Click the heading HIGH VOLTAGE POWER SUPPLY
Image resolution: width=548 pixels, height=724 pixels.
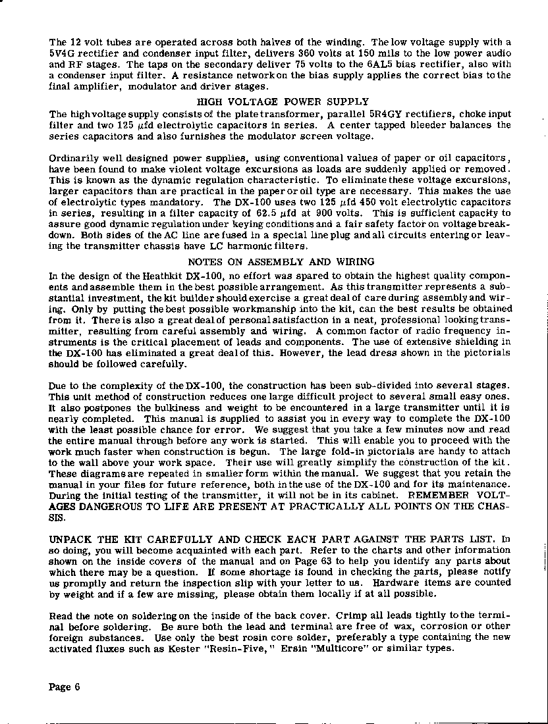283,102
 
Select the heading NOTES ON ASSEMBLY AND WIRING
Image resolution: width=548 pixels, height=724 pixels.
286,262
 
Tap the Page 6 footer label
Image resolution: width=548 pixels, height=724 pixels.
65,687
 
